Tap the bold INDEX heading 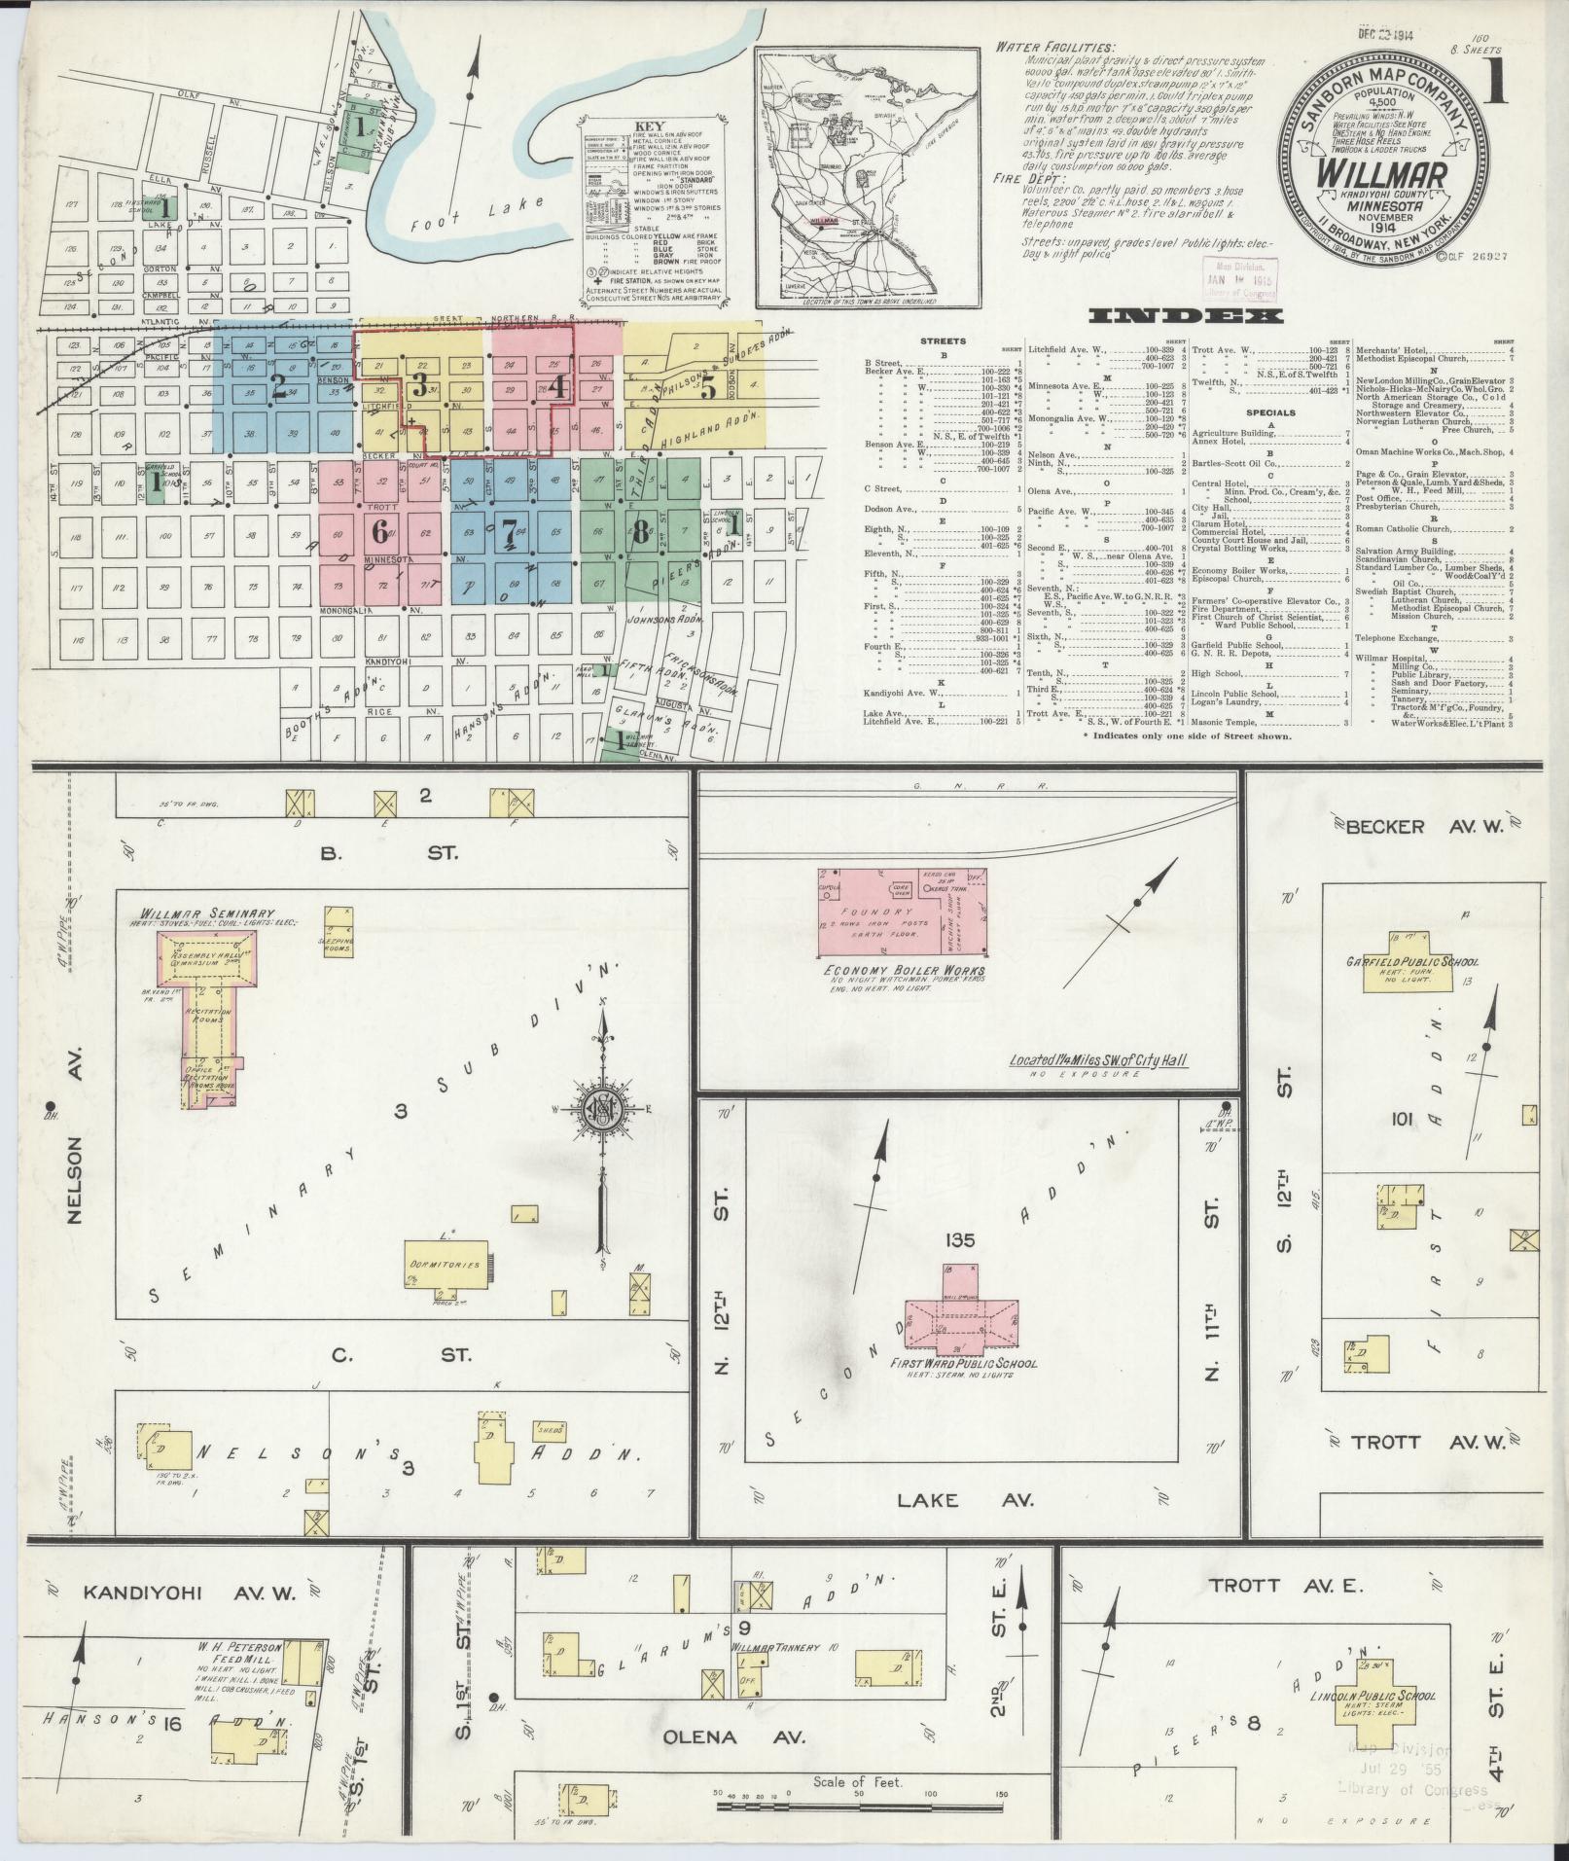point(1187,316)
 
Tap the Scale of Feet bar point(860,1806)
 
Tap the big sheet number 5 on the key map point(708,386)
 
